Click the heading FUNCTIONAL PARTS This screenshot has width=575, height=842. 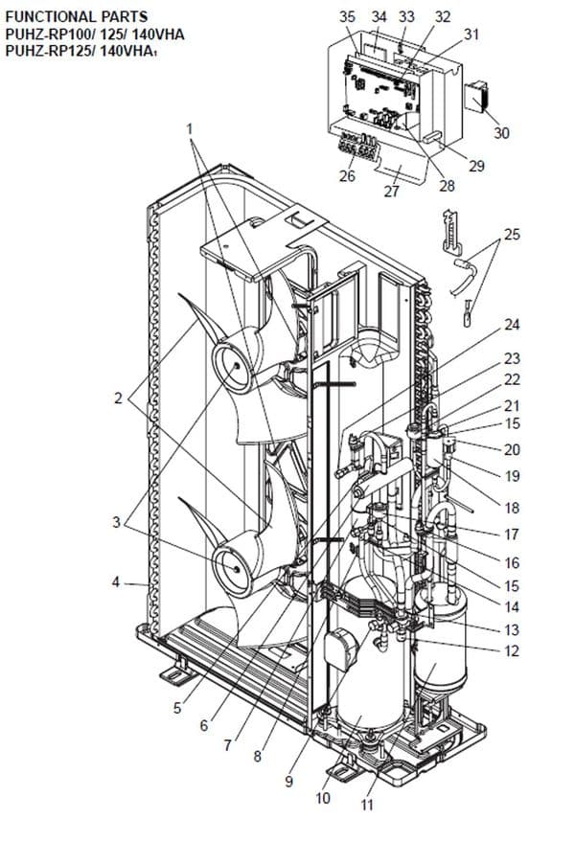[63, 16]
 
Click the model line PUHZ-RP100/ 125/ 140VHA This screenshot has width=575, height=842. [95, 34]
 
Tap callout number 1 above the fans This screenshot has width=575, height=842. [190, 127]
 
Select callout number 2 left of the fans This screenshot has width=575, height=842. [118, 398]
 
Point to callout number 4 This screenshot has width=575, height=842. [116, 581]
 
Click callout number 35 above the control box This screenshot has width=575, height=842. [347, 17]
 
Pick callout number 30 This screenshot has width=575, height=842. [501, 133]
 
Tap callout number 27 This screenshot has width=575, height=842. [390, 191]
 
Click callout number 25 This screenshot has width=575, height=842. [512, 234]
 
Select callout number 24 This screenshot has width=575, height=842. [512, 325]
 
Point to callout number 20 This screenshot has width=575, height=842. [512, 449]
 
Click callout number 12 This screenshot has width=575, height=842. [512, 651]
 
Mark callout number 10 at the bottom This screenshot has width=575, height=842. [323, 798]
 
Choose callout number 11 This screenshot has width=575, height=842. [366, 805]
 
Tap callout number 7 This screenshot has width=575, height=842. [226, 745]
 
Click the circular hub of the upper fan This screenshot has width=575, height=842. [230, 365]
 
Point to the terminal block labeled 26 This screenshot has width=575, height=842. [356, 149]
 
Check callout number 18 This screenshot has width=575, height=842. [512, 507]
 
